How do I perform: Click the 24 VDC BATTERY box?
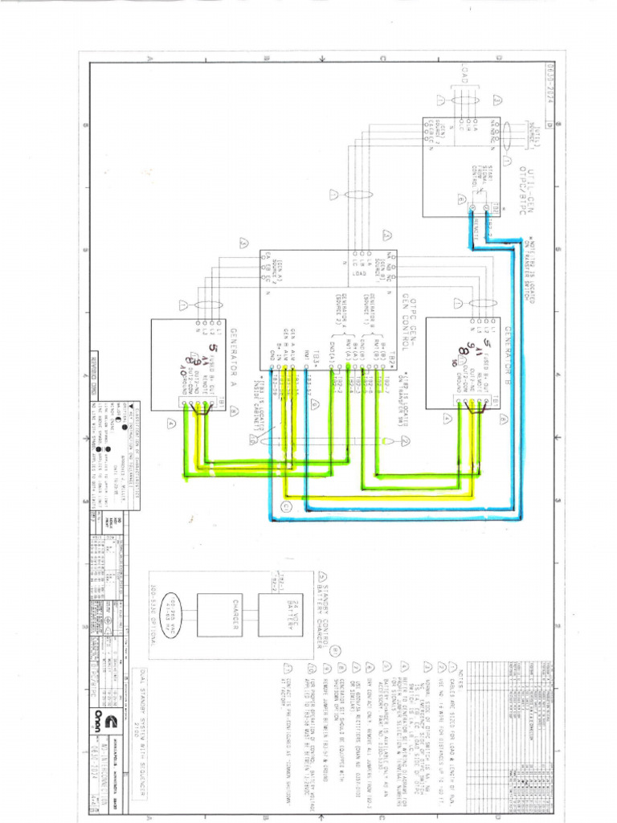[x=280, y=615]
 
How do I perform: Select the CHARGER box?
[x=219, y=615]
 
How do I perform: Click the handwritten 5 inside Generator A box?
[x=212, y=348]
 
